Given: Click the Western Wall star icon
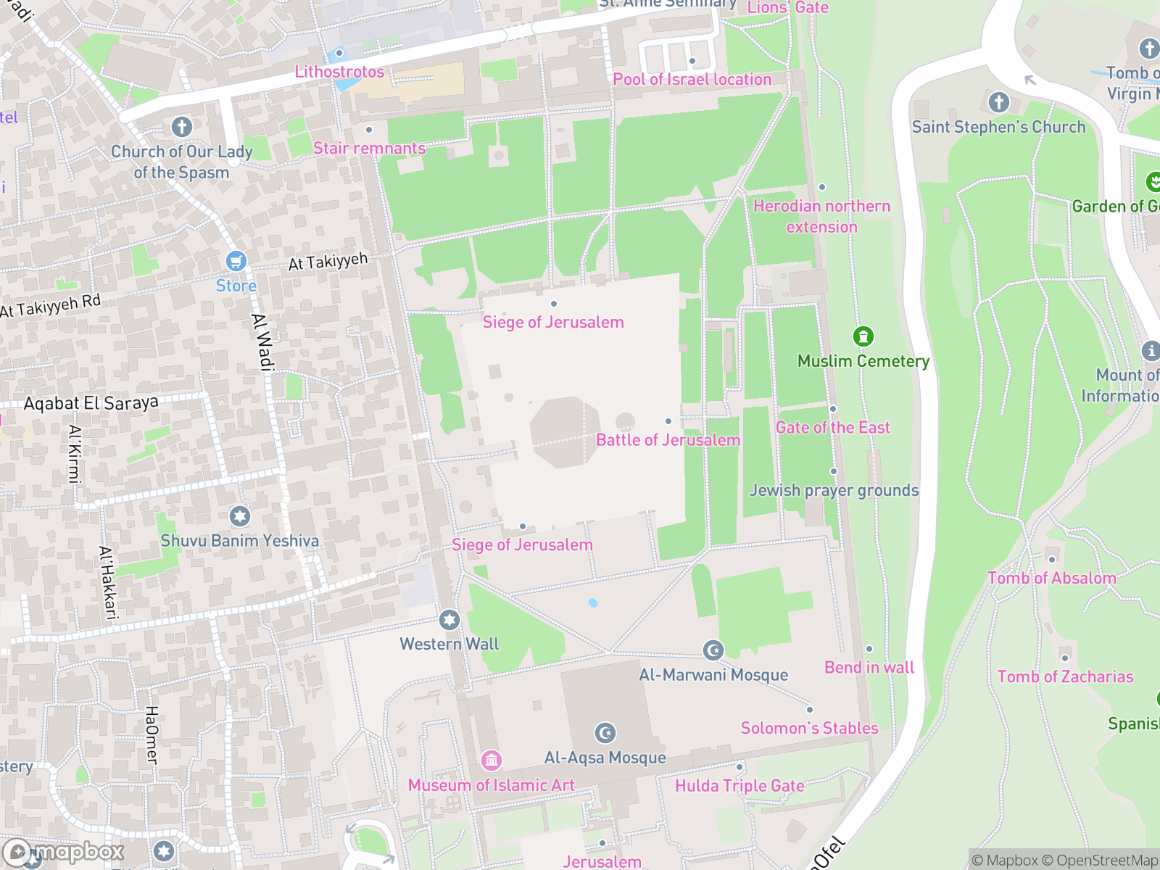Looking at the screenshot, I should [x=449, y=620].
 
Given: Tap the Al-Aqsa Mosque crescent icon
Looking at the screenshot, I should [x=605, y=733].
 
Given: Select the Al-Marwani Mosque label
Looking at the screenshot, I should [x=713, y=674].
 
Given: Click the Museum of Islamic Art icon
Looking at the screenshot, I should [x=492, y=760].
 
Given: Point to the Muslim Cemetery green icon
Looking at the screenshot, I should [x=863, y=336].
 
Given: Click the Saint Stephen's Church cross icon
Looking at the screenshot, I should [x=998, y=102].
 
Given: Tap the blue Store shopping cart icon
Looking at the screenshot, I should [x=236, y=261].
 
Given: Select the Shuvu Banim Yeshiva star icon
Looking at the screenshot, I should [x=240, y=516].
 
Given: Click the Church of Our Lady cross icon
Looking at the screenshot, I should [x=182, y=127].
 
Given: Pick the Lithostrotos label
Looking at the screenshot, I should [x=339, y=72].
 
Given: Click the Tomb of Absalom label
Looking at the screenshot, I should [x=1051, y=578].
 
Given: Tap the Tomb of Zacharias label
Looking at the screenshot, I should [x=1065, y=676].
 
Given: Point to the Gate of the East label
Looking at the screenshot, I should [x=832, y=427].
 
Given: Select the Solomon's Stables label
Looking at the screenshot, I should [x=809, y=728].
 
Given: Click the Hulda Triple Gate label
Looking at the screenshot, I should [x=739, y=786].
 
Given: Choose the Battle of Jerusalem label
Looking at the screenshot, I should [x=668, y=440].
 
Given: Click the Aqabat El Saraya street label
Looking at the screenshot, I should [x=91, y=403].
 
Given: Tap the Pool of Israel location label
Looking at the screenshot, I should [x=692, y=80].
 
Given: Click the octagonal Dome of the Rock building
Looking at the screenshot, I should [x=565, y=431].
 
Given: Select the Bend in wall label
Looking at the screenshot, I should [x=869, y=667].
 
